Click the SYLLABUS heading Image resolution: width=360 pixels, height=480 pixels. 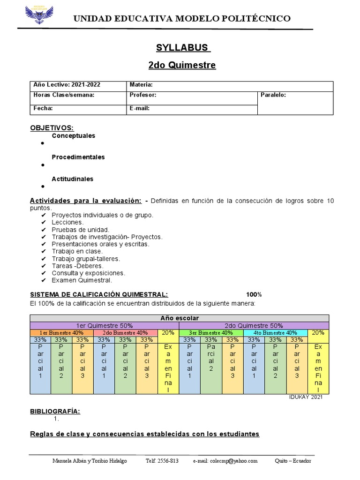[x=182, y=48]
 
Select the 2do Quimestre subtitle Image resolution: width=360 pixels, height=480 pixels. [x=182, y=65]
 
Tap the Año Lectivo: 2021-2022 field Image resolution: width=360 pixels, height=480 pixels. [x=67, y=85]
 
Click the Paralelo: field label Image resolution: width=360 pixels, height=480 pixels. [x=273, y=95]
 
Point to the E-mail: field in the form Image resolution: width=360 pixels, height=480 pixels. [x=139, y=108]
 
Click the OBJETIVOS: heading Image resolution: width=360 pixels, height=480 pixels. [x=52, y=128]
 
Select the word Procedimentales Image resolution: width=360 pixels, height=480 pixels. [x=78, y=157]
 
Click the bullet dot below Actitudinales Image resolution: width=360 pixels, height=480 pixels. [x=42, y=187]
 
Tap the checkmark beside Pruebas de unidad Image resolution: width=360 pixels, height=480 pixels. [x=44, y=230]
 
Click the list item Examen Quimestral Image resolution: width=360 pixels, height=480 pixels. [x=82, y=280]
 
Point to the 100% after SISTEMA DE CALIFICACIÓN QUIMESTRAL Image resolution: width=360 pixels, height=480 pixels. [x=254, y=294]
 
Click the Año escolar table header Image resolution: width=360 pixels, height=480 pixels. [x=180, y=318]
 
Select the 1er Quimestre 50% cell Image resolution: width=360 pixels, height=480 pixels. [x=104, y=325]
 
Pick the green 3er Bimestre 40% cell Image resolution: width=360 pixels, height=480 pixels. [x=210, y=333]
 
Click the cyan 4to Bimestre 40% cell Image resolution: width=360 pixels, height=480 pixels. [x=275, y=333]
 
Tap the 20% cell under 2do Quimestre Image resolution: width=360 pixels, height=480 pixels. [x=318, y=333]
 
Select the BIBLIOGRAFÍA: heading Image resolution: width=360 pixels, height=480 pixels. [x=55, y=411]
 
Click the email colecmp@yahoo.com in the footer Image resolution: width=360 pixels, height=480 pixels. [x=225, y=461]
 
